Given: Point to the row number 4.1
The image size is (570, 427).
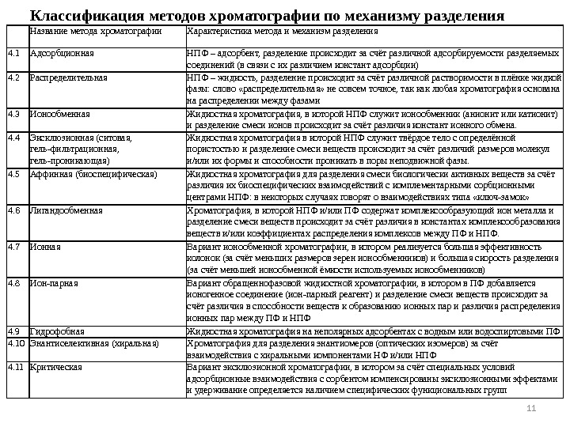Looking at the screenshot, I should (14, 53).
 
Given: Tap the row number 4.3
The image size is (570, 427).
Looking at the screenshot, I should (14, 114).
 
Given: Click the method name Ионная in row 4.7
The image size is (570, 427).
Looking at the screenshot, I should (45, 246).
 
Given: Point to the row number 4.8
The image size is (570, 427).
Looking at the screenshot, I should (14, 282).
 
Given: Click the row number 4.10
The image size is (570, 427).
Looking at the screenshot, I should (16, 344).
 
